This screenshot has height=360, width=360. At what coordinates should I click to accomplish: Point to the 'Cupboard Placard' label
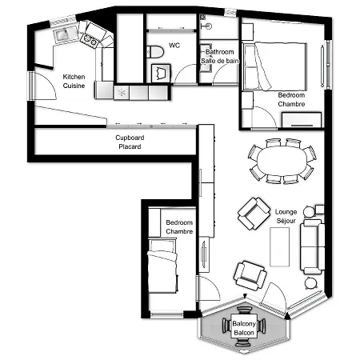pyautogui.click(x=129, y=142)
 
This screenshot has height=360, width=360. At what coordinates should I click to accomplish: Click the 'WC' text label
pyautogui.click(x=174, y=46)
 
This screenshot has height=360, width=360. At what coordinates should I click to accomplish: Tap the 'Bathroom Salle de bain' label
pyautogui.click(x=219, y=56)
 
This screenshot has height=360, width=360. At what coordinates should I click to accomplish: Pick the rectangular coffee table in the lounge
pyautogui.click(x=280, y=246)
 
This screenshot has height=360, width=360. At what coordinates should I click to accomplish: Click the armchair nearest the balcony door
pyautogui.click(x=250, y=276)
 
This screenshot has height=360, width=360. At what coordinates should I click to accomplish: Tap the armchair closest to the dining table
pyautogui.click(x=254, y=213)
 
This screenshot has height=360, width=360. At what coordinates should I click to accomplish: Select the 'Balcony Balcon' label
pyautogui.click(x=243, y=328)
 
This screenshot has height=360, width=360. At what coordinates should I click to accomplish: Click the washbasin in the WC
pyautogui.click(x=162, y=73)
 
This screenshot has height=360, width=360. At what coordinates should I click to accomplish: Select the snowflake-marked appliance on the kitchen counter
pyautogui.click(x=122, y=94)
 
